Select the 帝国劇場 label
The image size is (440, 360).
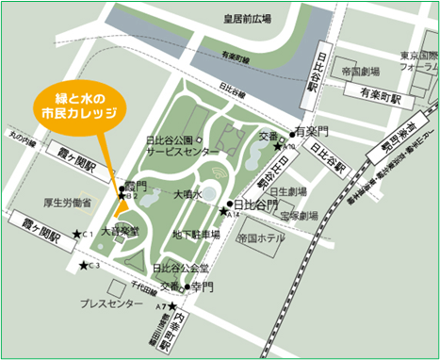click(361, 72)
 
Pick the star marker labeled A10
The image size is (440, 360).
click(278, 146)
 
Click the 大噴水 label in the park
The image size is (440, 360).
click(187, 194)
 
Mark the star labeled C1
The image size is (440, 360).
click(77, 233)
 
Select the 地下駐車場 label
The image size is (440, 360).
click(196, 235)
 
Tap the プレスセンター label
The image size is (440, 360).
click(111, 303)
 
